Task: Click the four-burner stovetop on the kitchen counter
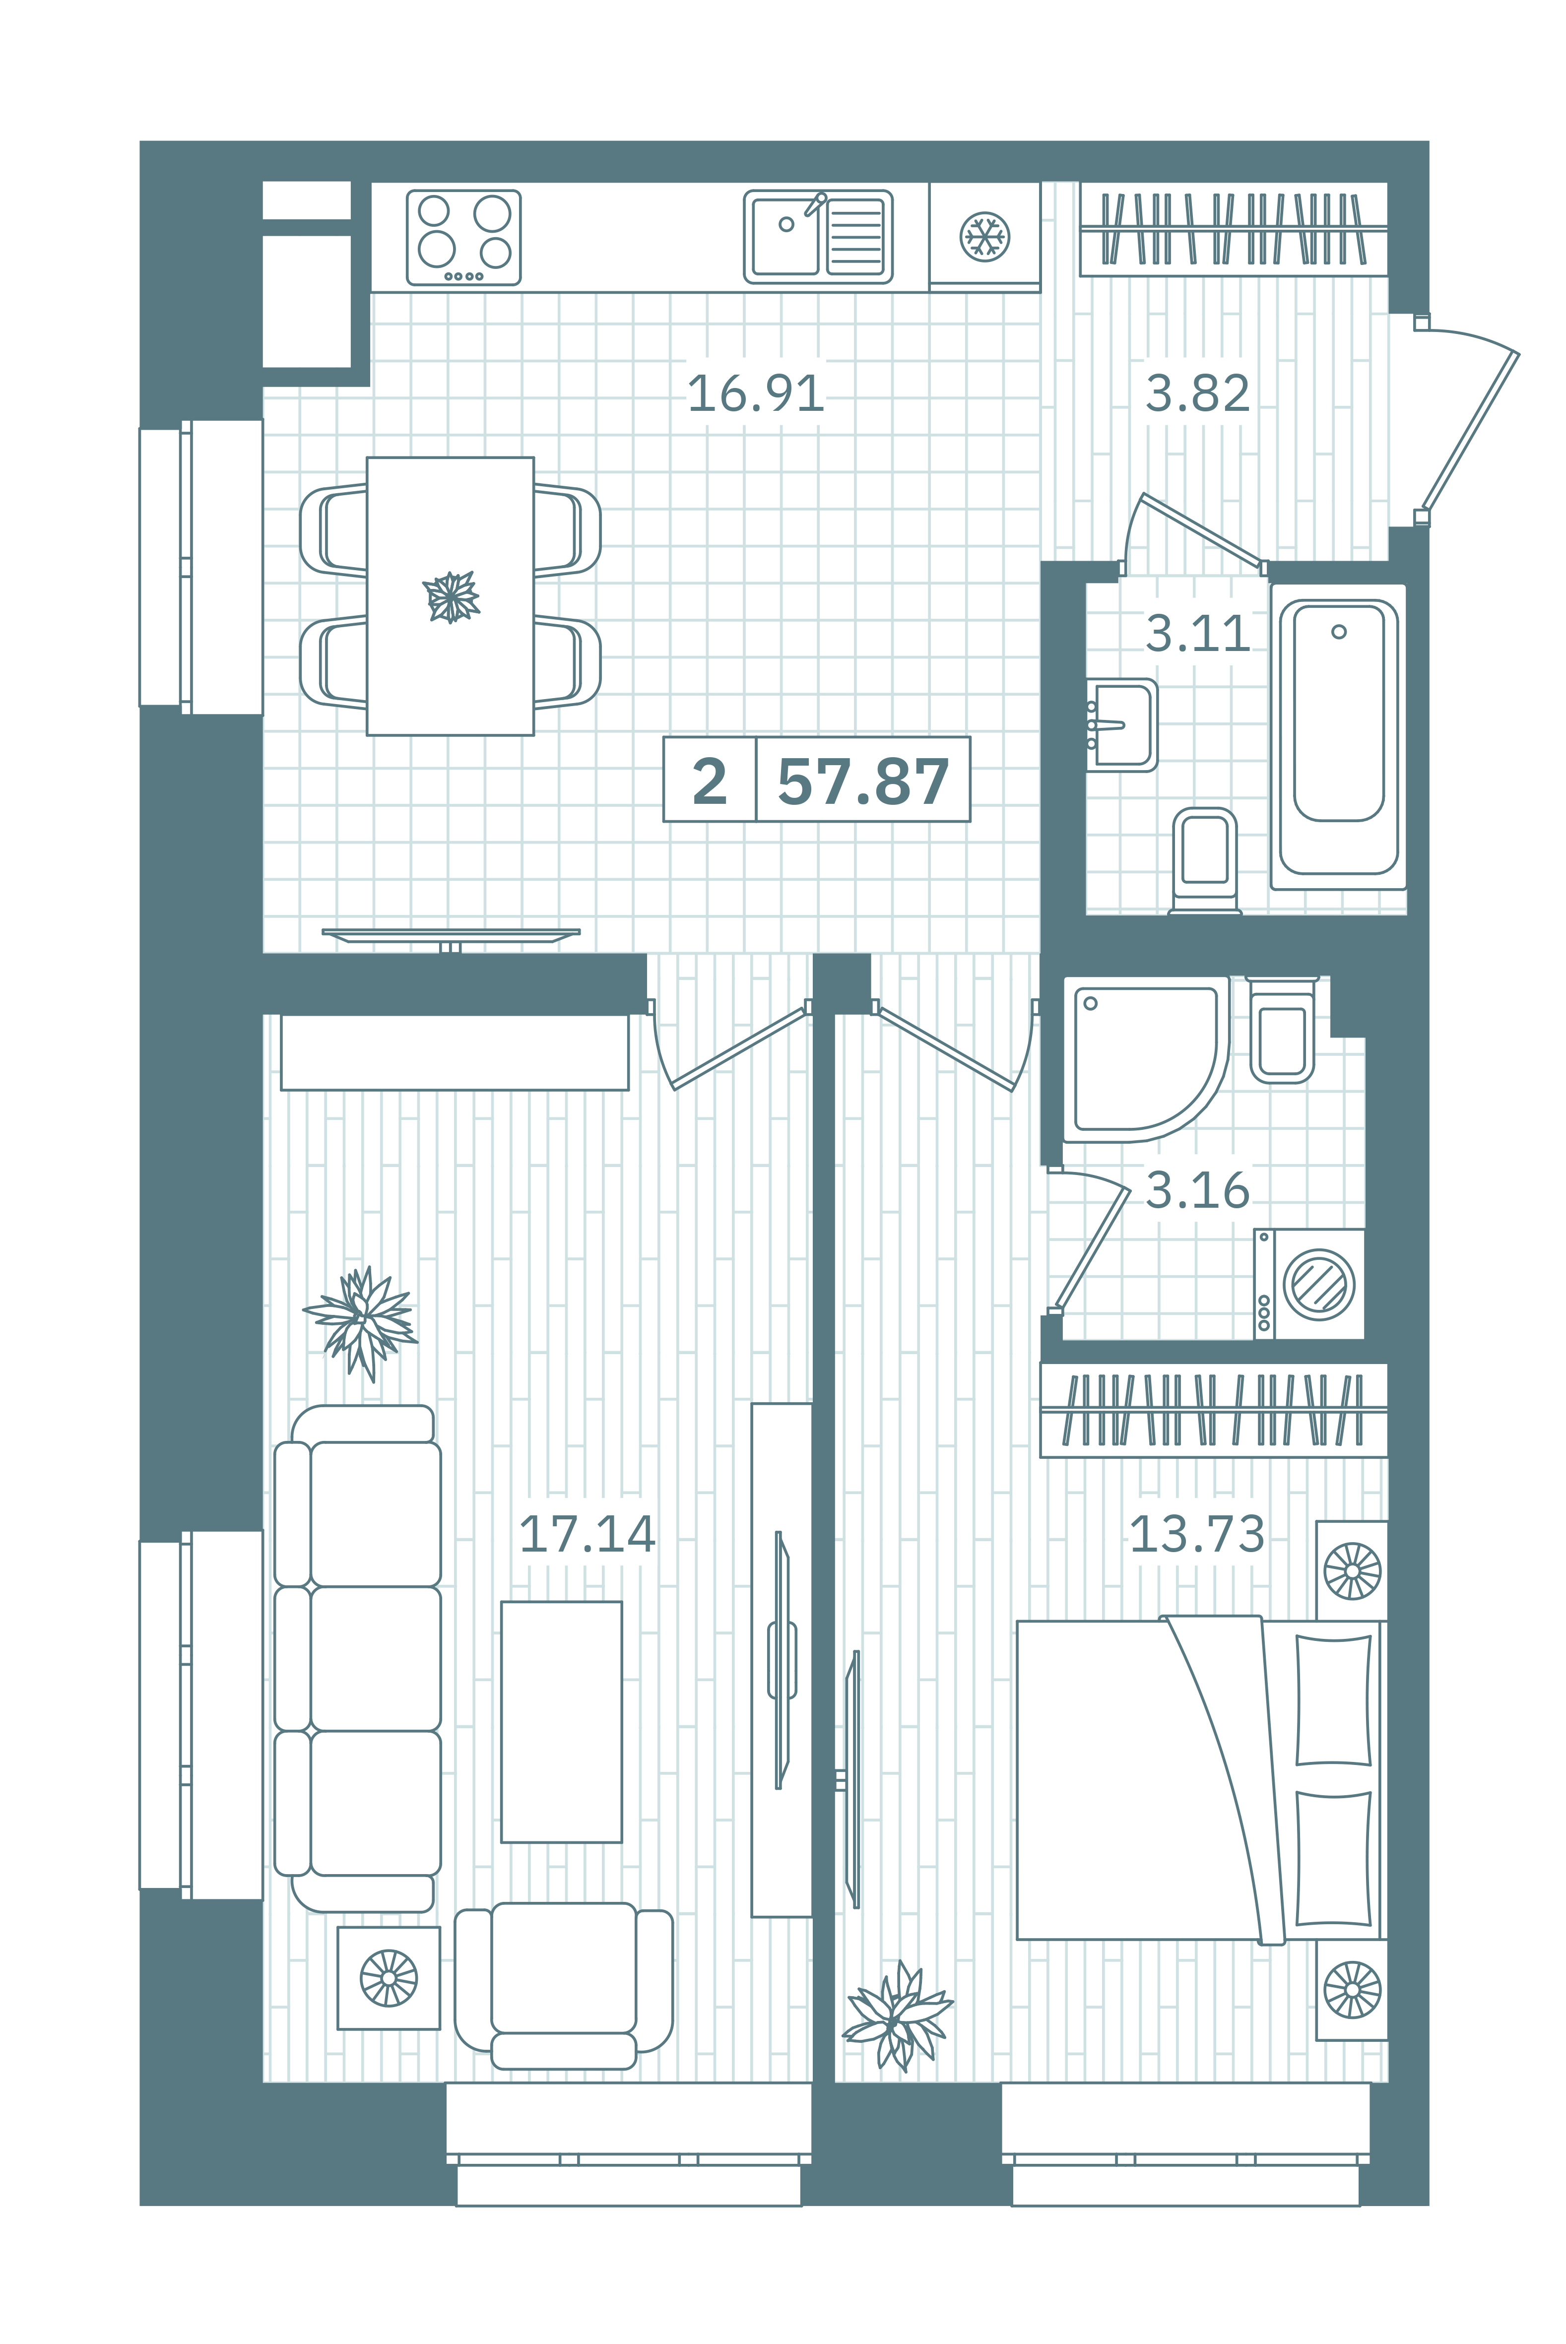463,238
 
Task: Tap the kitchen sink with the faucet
818,237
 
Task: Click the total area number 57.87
863,781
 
